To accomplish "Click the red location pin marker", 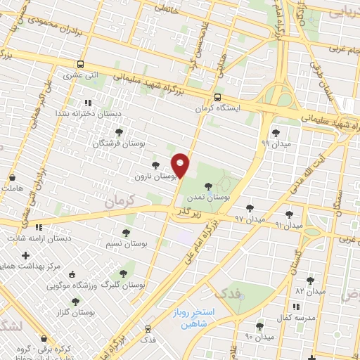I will click(181, 165).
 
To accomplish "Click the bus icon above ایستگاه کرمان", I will click(217, 98).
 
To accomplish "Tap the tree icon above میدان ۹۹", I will click(273, 131).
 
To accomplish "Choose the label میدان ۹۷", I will click(250, 219).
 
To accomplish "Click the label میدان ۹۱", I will click(288, 225).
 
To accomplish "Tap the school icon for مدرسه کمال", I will click(297, 307).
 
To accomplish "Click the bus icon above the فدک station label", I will click(148, 328).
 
